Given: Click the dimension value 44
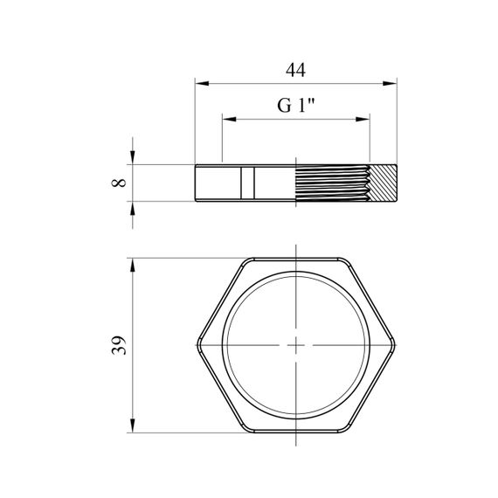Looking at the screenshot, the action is [295, 70].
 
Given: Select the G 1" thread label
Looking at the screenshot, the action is [295, 106].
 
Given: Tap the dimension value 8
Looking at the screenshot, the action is [119, 183].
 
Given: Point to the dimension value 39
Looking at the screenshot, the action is [119, 345].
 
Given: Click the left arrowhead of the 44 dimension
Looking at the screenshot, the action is [202, 84].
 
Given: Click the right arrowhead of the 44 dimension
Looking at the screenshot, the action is [390, 84].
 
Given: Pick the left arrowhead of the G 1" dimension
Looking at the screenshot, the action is [229, 120].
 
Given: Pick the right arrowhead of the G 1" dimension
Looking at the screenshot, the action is [363, 120].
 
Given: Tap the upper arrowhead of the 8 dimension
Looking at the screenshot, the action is [133, 157].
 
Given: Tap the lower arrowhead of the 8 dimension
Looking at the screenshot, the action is [133, 208].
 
